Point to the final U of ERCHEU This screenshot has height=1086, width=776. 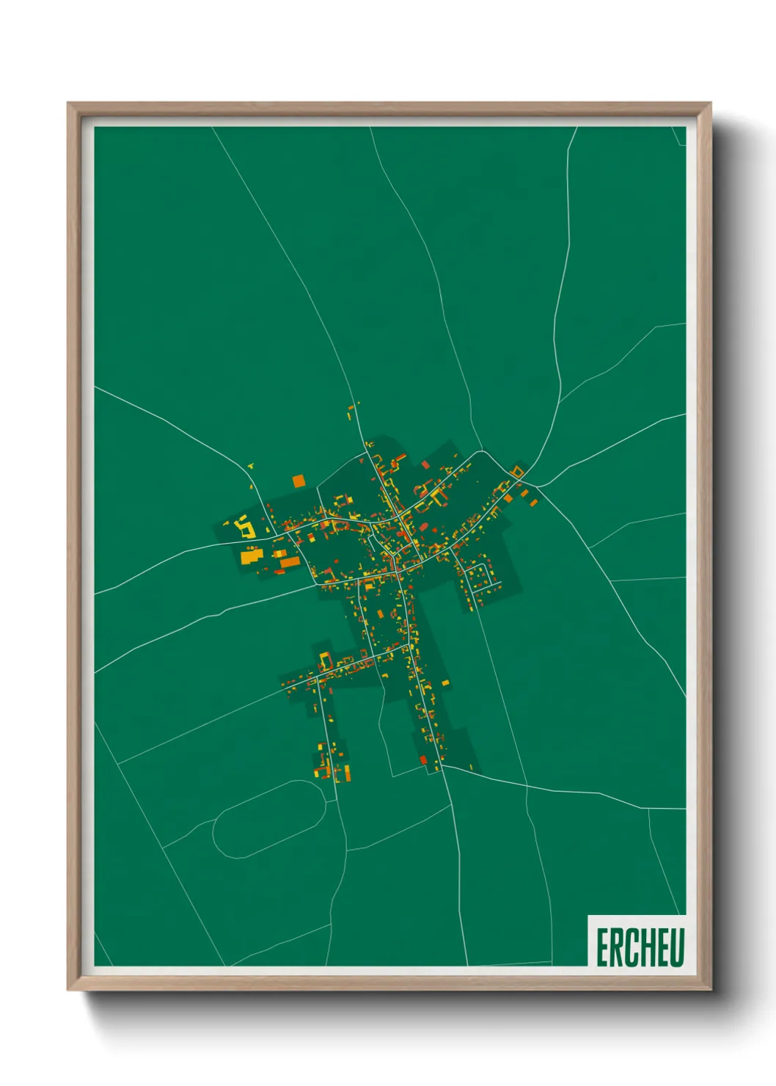(676, 947)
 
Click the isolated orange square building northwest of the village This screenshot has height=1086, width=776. (298, 481)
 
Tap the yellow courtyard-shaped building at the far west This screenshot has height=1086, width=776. (245, 528)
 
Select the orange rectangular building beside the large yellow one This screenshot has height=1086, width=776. (290, 562)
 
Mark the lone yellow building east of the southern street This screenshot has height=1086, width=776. (445, 683)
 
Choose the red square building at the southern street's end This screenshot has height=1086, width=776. (423, 759)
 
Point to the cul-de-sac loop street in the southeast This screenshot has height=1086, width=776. (483, 578)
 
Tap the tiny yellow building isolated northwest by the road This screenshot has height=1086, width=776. (250, 465)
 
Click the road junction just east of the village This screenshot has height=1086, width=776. (536, 485)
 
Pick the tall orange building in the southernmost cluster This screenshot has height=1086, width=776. (345, 773)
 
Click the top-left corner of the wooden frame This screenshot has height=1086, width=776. (68, 103)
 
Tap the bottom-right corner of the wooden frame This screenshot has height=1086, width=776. (710, 989)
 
